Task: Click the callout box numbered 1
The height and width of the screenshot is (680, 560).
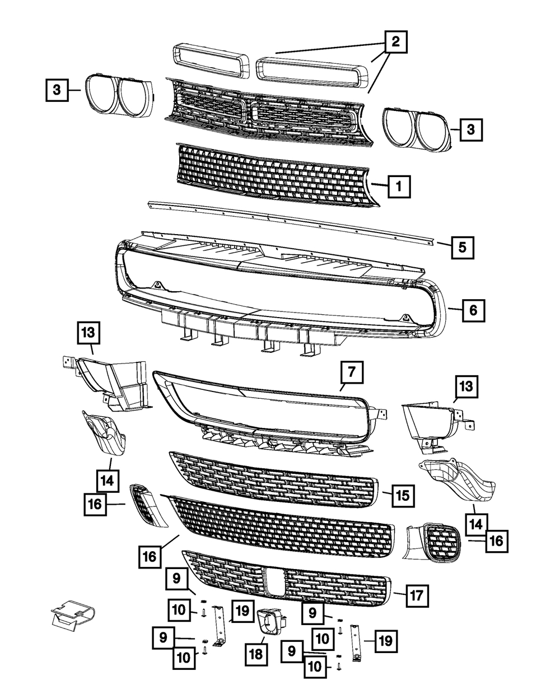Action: pos(399,187)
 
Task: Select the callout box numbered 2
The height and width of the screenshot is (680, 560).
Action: pos(395,41)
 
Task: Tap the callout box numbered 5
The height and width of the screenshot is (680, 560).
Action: pos(463,248)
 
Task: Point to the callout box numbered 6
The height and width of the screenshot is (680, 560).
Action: pos(473,310)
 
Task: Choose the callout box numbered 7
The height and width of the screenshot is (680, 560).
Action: pos(352,372)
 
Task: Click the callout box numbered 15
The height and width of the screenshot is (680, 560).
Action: pos(403,496)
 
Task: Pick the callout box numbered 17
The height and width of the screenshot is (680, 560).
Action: pos(417,595)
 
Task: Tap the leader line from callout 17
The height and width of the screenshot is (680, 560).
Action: pos(400,593)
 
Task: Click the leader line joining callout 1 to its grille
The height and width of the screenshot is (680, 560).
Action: pos(379,185)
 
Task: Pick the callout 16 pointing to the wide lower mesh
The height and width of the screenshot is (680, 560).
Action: pos(150,557)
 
